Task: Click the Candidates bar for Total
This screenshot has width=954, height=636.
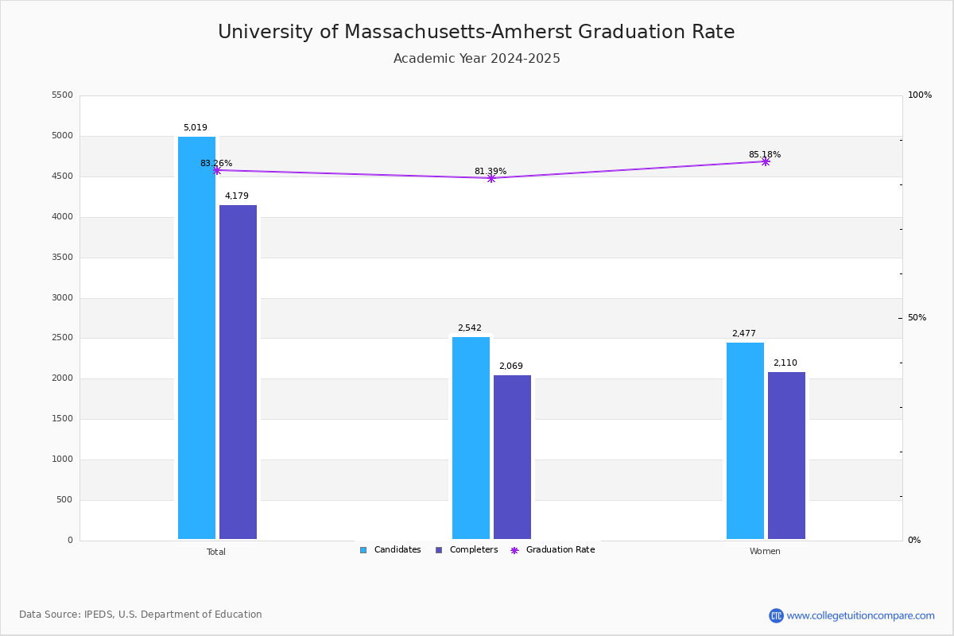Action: (x=196, y=338)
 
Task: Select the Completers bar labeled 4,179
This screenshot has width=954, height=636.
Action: (x=238, y=372)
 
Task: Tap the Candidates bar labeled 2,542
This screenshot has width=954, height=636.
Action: (x=471, y=438)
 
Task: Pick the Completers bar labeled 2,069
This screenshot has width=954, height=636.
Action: (x=512, y=457)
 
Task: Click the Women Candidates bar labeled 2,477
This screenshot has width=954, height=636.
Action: (x=745, y=441)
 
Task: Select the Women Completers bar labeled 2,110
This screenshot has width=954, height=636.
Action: (x=786, y=456)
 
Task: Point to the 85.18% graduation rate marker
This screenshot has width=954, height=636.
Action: (x=766, y=161)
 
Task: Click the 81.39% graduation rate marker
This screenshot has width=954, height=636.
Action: (x=491, y=178)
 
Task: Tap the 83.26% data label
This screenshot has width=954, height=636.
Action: (x=216, y=164)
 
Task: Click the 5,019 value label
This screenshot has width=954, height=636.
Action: (x=196, y=128)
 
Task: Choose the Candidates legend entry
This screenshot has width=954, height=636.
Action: (x=390, y=550)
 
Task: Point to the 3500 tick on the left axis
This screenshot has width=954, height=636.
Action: (x=62, y=258)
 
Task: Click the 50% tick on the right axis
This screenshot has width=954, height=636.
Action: (x=917, y=318)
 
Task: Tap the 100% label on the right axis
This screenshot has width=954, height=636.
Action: (x=920, y=95)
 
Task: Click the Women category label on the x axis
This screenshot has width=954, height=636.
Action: (x=765, y=552)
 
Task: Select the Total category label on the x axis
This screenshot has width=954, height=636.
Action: (x=216, y=552)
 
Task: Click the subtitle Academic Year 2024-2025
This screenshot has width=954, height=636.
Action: (x=477, y=59)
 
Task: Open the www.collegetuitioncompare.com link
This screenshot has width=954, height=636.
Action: (x=860, y=615)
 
